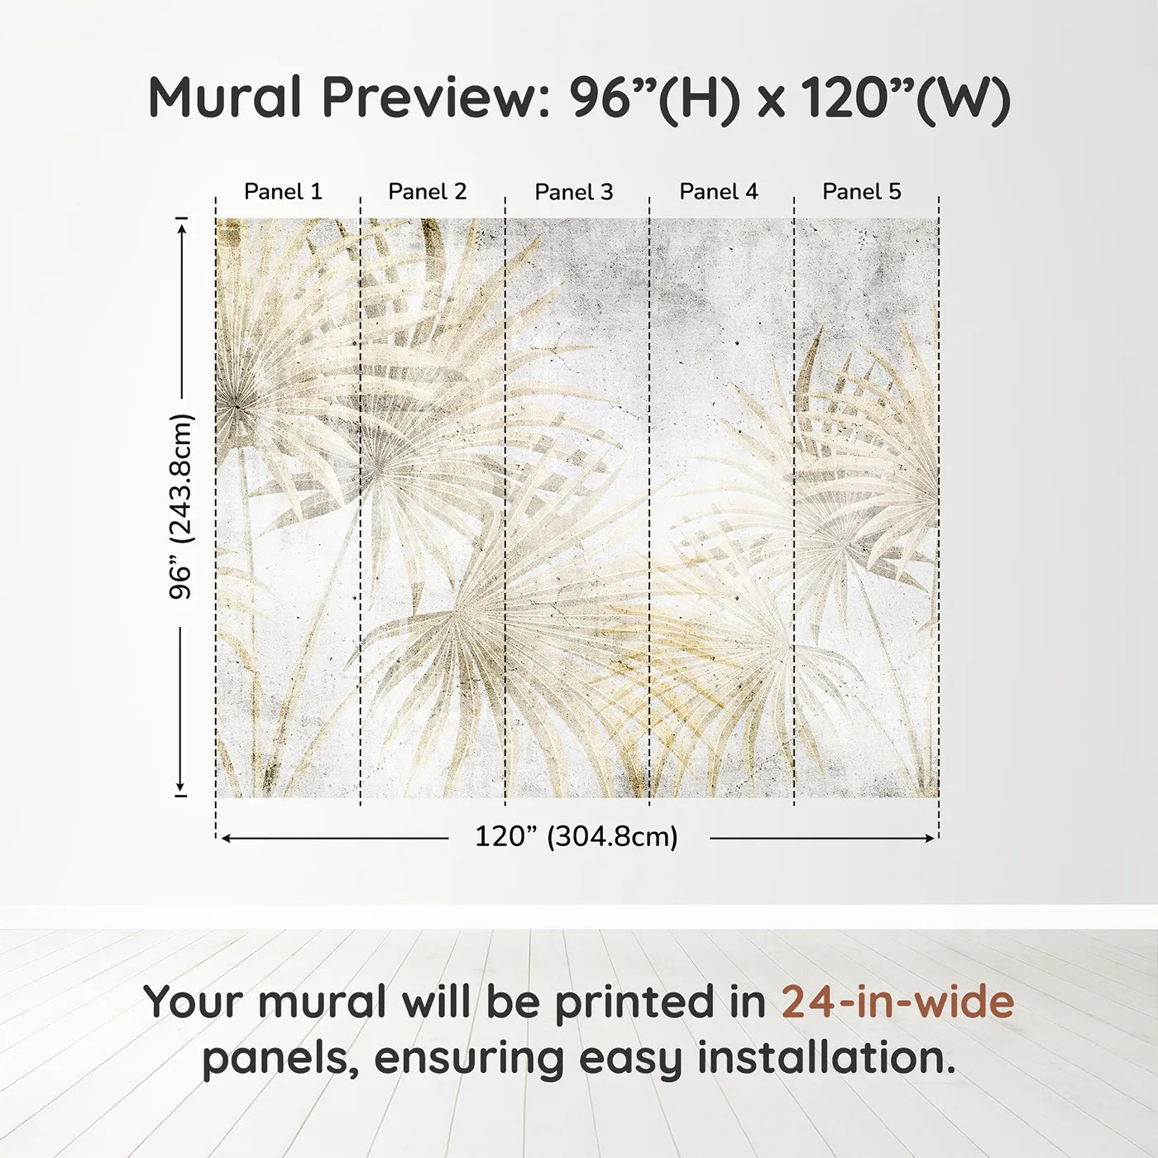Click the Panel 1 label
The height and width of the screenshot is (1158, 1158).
pyautogui.click(x=283, y=192)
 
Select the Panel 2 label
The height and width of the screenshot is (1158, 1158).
pyautogui.click(x=428, y=192)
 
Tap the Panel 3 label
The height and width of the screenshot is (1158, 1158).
pyautogui.click(x=574, y=192)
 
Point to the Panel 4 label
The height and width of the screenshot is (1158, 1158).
pyautogui.click(x=719, y=192)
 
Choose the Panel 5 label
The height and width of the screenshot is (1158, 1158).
pyautogui.click(x=862, y=192)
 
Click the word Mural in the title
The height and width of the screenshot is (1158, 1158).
pyautogui.click(x=225, y=98)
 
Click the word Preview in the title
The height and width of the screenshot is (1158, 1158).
pyautogui.click(x=436, y=98)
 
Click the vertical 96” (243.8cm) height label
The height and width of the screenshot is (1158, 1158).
pyautogui.click(x=179, y=506)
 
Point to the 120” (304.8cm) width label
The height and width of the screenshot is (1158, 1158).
pyautogui.click(x=577, y=837)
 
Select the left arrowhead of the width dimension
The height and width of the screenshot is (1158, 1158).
pyautogui.click(x=226, y=838)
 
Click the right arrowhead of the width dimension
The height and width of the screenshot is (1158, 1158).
pyautogui.click(x=929, y=838)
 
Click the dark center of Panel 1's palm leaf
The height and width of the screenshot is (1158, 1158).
pyautogui.click(x=237, y=408)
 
